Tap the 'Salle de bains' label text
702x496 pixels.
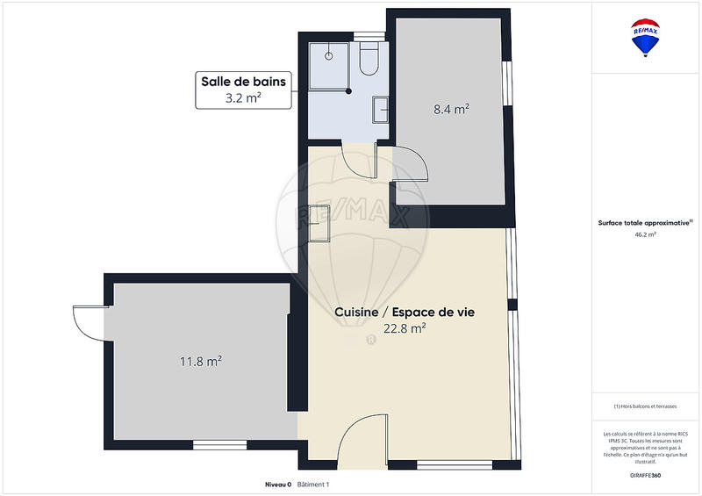pyautogui.click(x=243, y=82)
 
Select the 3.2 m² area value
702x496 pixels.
pyautogui.click(x=243, y=98)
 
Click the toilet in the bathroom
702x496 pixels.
pyautogui.click(x=369, y=58)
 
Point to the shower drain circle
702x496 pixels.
pyautogui.click(x=330, y=54)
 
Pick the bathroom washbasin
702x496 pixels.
pyautogui.click(x=380, y=109)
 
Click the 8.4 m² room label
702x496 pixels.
pyautogui.click(x=451, y=109)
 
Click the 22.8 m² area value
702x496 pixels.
pyautogui.click(x=405, y=328)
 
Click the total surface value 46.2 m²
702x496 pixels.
pyautogui.click(x=645, y=235)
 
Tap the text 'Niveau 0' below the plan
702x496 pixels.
pyautogui.click(x=278, y=485)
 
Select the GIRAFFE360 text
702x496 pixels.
pyautogui.click(x=645, y=475)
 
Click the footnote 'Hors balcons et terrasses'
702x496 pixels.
pyautogui.click(x=645, y=406)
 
